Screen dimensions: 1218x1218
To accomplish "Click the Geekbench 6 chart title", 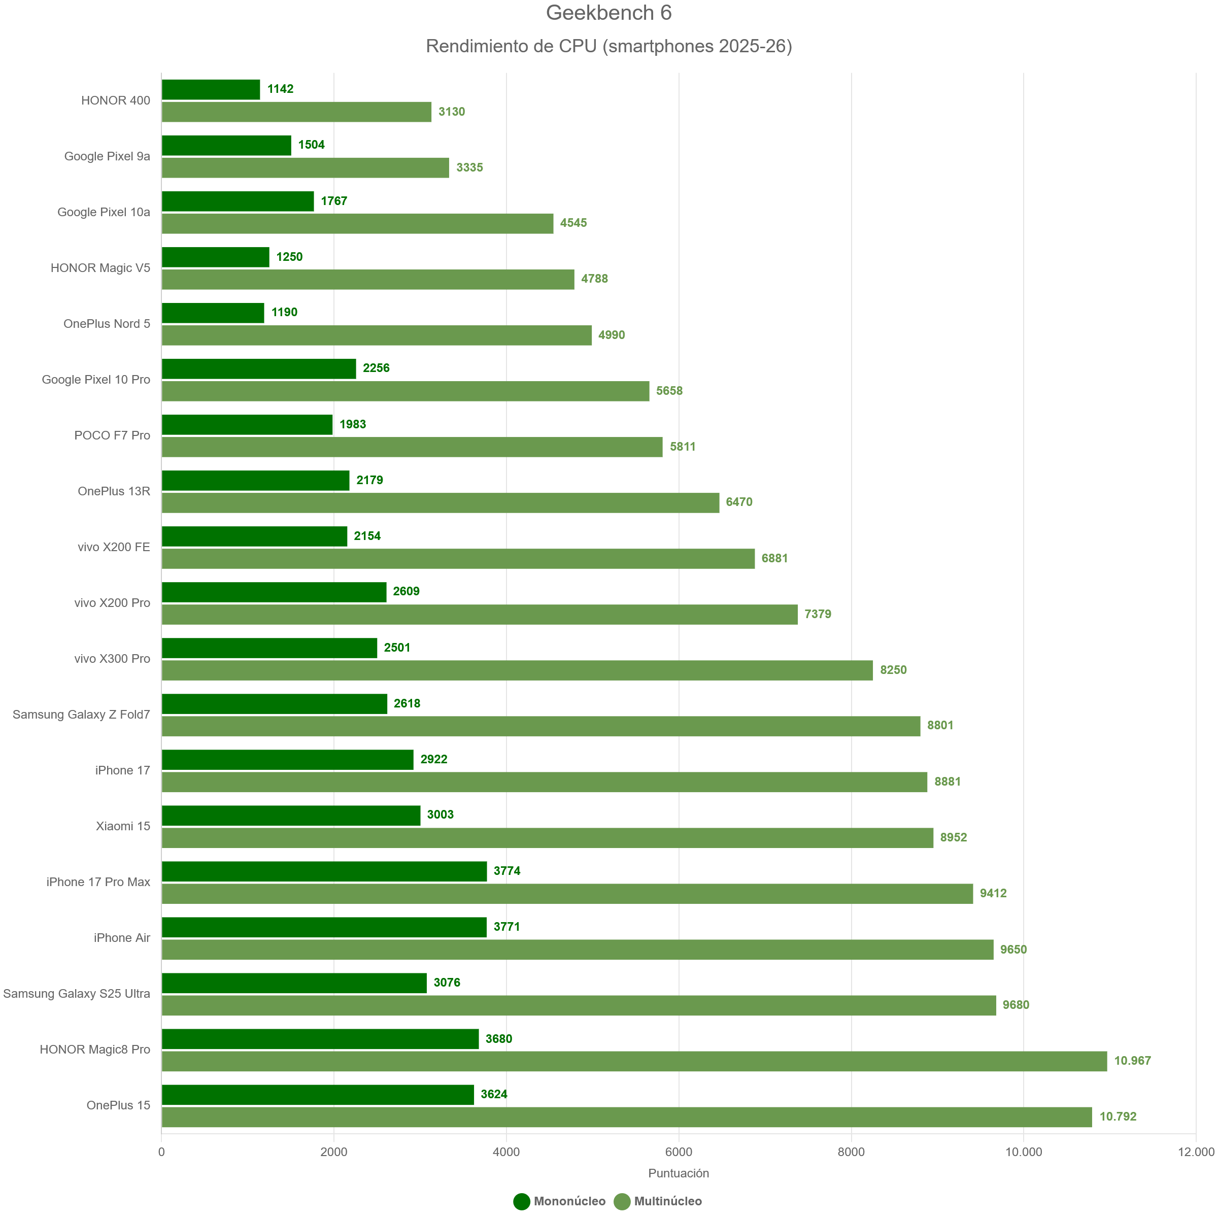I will [x=608, y=13].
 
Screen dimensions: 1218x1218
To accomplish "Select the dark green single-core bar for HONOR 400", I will [x=211, y=89].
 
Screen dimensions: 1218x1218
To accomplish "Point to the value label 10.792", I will [x=1118, y=1116].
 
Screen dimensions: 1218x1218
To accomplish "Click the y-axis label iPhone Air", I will [x=122, y=938].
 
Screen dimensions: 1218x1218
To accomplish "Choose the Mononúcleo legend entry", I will [x=559, y=1201].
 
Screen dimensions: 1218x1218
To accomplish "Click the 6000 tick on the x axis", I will [x=679, y=1152].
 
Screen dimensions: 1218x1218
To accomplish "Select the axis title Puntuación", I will [x=679, y=1173].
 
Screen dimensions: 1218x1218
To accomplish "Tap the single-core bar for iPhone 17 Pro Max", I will [x=324, y=871].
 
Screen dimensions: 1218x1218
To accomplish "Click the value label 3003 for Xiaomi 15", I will [x=440, y=815].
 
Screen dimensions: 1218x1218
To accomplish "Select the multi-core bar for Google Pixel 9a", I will [x=305, y=167].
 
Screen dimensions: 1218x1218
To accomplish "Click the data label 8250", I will [x=893, y=669].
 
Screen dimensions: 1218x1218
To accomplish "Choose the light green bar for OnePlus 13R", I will [x=440, y=502].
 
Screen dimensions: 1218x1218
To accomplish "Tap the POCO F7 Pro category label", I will [x=112, y=435].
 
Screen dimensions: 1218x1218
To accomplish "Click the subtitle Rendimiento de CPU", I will [x=608, y=46].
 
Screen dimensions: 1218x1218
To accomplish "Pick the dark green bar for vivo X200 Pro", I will [x=274, y=592].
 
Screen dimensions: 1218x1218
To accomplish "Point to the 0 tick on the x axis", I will [x=161, y=1152].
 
